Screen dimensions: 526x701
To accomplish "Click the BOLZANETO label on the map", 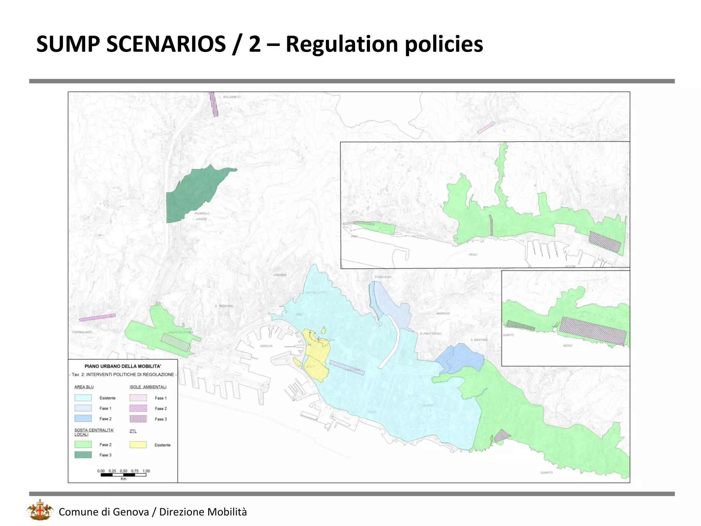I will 232,97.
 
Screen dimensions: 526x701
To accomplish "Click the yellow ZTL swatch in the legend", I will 138,444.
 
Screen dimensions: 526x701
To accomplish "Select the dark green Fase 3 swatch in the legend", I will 83,455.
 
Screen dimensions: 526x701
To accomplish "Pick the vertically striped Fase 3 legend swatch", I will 138,419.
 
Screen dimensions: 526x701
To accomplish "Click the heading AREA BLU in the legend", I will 84,387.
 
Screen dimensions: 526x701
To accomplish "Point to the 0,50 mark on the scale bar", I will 124,471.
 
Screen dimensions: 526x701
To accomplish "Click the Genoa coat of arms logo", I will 40,510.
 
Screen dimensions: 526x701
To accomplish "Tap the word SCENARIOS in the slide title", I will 166,44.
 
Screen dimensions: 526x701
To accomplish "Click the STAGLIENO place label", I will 383,277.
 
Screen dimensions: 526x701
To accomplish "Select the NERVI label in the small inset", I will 567,346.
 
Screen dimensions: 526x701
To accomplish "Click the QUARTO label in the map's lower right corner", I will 546,473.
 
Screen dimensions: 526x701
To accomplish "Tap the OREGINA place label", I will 280,275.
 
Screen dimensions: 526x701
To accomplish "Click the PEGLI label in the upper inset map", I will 473,254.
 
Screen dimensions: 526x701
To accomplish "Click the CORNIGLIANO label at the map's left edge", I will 82,332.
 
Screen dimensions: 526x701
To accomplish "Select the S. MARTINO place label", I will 479,340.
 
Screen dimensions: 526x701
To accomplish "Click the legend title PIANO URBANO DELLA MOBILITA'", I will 123,366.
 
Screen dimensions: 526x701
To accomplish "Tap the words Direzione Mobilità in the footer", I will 203,512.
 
